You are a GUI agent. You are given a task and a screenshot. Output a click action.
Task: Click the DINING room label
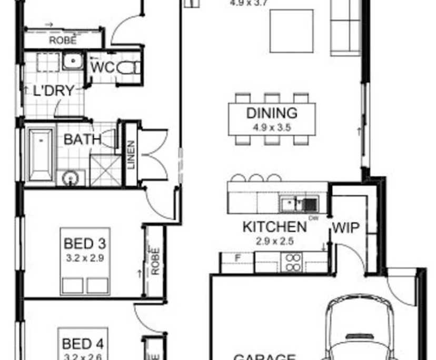272,113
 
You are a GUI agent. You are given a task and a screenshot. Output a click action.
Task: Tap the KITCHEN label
274,227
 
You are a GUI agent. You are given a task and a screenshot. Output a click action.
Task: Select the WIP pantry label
345,228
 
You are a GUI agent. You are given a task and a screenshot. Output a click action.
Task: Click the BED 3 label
85,244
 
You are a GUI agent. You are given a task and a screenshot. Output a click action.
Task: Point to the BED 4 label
83,344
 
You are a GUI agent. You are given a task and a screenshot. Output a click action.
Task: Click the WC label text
103,68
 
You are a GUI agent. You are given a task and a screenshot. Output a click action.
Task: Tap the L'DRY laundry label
53,90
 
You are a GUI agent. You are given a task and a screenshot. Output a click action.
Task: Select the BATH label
83,139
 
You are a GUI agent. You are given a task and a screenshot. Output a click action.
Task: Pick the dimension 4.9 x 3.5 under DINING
272,127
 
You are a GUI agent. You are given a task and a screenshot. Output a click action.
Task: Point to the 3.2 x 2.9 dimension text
85,258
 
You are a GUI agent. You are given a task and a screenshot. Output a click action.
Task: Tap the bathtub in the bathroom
40,153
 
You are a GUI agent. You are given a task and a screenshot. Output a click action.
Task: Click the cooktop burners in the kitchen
292,262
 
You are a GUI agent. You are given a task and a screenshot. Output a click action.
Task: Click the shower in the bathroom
105,170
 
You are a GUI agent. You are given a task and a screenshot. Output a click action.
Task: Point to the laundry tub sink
73,62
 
